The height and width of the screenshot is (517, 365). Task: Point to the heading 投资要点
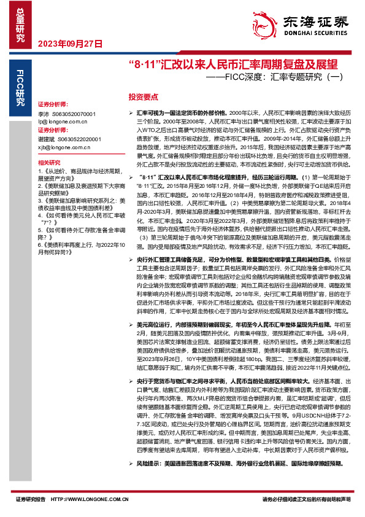click(143, 97)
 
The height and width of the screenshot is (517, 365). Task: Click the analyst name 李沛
click(44, 114)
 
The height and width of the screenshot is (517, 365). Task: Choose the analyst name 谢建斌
click(46, 139)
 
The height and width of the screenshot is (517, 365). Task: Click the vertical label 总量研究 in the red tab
click(18, 24)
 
